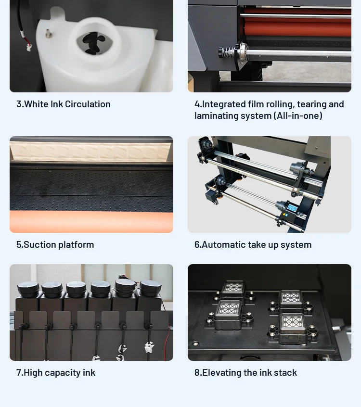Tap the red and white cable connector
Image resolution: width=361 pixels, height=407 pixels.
pos(28,46)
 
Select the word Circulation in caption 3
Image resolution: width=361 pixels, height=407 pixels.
pos(88,104)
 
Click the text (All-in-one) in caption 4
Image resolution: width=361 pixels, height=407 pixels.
pos(298,116)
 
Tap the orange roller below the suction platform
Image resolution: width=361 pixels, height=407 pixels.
pos(91,222)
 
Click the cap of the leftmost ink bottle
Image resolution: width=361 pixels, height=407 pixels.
pos(28,288)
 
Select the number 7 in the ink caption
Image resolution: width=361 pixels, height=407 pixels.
pos(19,372)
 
